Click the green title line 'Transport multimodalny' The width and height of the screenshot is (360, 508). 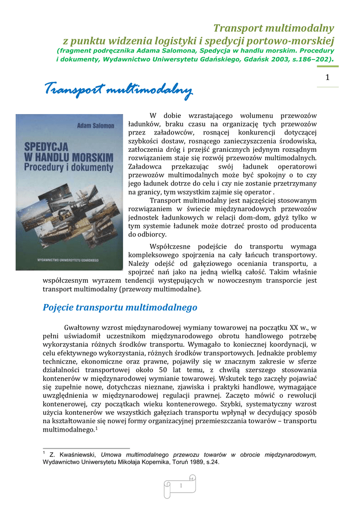click(x=274, y=28)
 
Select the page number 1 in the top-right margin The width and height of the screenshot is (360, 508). click(x=327, y=77)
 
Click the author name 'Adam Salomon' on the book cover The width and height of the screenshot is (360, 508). click(x=95, y=126)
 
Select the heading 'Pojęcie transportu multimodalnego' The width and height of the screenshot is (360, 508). click(x=120, y=308)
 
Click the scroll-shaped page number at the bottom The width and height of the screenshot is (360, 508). click(x=181, y=485)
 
